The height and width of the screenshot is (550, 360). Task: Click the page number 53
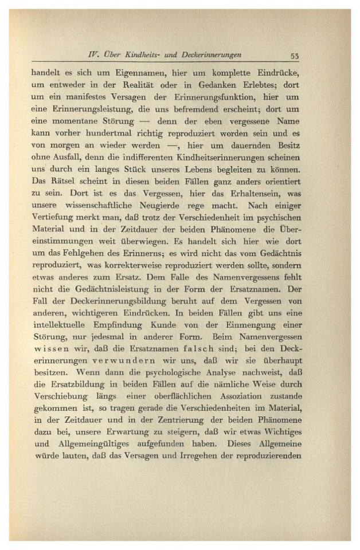point(296,55)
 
